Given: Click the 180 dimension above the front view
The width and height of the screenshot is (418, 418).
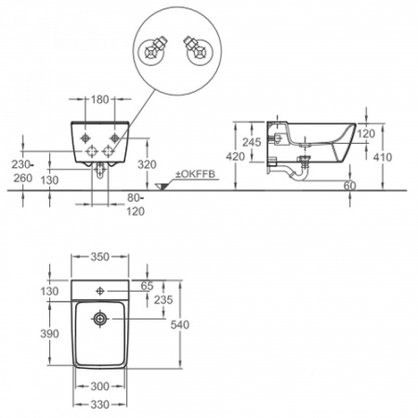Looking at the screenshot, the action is click(x=100, y=99).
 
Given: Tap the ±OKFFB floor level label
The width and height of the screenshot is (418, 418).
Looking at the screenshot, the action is click(x=195, y=174).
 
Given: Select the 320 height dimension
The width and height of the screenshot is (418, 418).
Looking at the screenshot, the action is click(x=147, y=164).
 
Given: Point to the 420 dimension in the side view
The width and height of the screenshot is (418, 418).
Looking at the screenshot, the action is click(x=235, y=156).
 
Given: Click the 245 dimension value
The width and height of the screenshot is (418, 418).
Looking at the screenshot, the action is click(x=252, y=142).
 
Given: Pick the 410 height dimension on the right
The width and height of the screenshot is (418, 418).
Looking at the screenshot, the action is click(x=383, y=157).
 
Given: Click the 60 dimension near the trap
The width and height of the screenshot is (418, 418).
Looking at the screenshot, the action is click(x=350, y=186).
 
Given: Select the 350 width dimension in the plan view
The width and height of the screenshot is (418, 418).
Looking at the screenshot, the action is click(x=100, y=256).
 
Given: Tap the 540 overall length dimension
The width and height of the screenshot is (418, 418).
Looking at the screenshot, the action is click(x=180, y=324).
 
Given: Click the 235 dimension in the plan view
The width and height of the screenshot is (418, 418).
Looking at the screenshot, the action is click(x=163, y=300).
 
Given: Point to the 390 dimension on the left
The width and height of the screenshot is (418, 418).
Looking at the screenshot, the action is click(x=49, y=333).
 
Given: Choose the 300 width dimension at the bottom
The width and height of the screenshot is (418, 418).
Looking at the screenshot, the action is click(x=99, y=386).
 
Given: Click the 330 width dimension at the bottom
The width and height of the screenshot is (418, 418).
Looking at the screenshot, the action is click(x=99, y=404).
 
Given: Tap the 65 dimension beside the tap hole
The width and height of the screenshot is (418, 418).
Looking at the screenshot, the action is click(x=147, y=286).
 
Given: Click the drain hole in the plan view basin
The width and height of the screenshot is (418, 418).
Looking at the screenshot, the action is click(x=100, y=319).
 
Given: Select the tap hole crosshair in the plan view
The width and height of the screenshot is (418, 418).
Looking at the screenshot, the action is click(x=100, y=291).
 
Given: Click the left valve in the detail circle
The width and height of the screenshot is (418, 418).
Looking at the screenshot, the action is click(x=153, y=50).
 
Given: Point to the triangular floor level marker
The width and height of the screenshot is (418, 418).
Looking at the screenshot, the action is click(x=163, y=187).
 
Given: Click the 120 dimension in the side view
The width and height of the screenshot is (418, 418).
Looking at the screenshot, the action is click(x=366, y=134).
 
